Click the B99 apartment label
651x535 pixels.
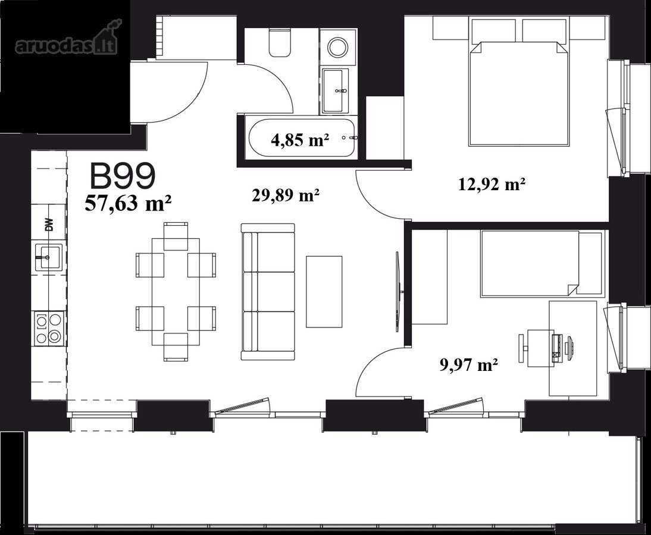pos(123,175)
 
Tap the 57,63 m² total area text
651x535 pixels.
pos(129,204)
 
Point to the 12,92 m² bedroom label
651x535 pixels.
pos(492,184)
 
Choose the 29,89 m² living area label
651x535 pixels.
pos(286,194)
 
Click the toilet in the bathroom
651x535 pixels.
pos(280,42)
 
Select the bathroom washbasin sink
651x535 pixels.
pos(336,90)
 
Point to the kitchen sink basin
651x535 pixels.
pos(49,257)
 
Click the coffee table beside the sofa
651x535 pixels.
pos(324,291)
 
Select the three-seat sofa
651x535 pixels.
pos(268,291)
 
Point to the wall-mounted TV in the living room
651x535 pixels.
pos(398,291)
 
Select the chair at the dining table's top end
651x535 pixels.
pos(176,236)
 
